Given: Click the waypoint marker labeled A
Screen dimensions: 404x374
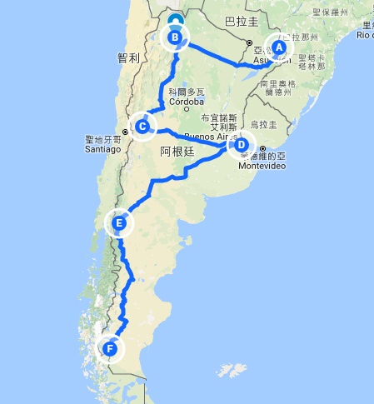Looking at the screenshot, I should pos(280,47).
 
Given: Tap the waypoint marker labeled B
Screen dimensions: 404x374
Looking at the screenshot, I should pos(175,37).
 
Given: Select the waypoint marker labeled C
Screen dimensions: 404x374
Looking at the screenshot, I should pos(143,126).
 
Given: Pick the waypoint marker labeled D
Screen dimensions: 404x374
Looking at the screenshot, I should pos(241,144).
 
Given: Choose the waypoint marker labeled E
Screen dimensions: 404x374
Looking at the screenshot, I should pos(120,223).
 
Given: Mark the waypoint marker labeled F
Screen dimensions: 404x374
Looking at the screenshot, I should pos(109,347).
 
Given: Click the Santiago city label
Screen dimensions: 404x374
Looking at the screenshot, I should pos(102,149).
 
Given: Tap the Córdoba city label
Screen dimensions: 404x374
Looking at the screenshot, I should pos(185,102).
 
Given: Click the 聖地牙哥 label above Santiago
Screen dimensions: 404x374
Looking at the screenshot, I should pos(102,139).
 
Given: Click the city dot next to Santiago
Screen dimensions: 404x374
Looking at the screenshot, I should pos(126,131).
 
